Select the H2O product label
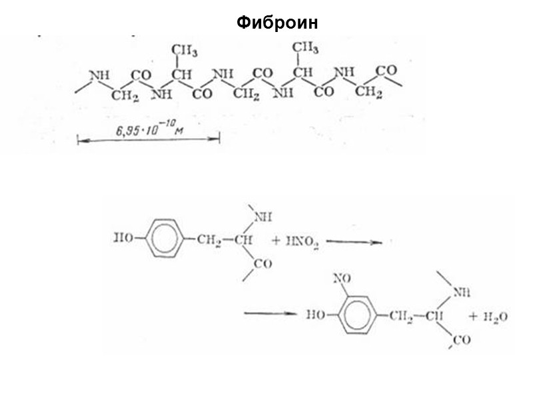click(493, 317)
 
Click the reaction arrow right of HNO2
click(355, 243)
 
